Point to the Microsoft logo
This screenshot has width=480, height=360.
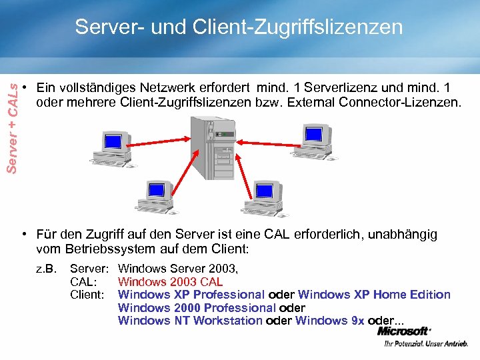click(x=404, y=331)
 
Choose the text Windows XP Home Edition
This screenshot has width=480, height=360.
click(x=374, y=295)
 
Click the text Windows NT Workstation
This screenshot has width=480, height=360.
click(x=190, y=321)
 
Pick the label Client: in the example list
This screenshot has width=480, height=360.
click(x=87, y=295)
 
